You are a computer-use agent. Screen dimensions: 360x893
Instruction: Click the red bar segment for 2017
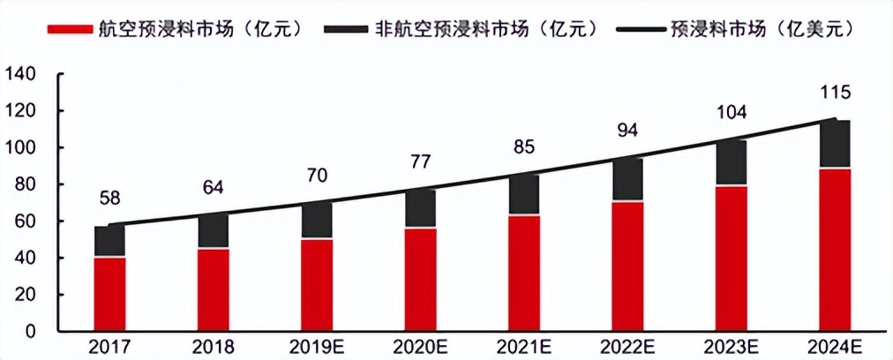point(109,294)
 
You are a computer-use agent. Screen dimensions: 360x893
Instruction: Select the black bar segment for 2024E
point(834,144)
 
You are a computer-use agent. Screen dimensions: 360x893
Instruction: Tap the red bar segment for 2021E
point(523,273)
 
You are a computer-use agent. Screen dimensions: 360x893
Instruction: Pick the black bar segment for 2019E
point(317,221)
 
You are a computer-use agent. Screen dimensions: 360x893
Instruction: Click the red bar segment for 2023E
point(731,259)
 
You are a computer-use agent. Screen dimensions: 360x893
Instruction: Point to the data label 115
point(834,91)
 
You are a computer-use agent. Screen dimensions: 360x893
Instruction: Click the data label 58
point(109,198)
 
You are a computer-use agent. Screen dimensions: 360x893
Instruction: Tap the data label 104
point(731,112)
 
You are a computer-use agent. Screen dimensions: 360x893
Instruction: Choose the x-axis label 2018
point(213,347)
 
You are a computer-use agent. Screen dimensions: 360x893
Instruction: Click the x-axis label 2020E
point(420,347)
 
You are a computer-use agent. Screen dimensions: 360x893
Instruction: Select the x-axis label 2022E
point(627,347)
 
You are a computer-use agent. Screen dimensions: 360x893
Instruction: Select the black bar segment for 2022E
point(627,180)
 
